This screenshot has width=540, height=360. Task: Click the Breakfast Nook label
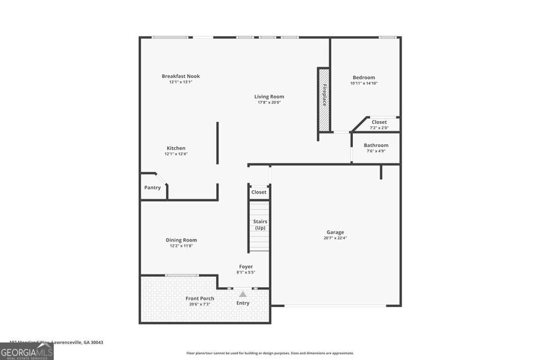click(x=180, y=76)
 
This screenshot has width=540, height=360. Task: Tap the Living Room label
click(x=269, y=96)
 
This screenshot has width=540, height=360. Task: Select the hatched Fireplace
click(x=323, y=100)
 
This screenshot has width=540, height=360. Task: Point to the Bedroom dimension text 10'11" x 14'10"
click(x=364, y=83)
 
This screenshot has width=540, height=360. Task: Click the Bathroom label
click(x=376, y=145)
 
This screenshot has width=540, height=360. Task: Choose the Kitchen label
click(x=176, y=148)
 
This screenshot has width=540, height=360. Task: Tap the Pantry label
click(x=152, y=188)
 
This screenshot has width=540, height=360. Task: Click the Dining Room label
click(x=181, y=240)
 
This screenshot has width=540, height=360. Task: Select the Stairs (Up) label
click(x=260, y=225)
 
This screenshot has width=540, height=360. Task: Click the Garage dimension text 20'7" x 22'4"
click(x=335, y=238)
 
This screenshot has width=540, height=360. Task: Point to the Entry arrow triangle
click(x=243, y=294)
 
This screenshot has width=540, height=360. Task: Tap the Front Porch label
click(x=200, y=298)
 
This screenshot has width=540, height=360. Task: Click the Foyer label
click(x=246, y=267)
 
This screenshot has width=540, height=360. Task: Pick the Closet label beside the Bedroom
click(x=379, y=122)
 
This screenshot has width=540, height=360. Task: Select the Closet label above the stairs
click(x=259, y=192)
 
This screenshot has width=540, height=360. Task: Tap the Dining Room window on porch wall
click(x=182, y=275)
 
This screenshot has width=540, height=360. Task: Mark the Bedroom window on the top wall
click(x=388, y=37)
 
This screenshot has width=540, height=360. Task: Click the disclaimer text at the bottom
click(x=270, y=353)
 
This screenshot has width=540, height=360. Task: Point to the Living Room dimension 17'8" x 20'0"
click(x=269, y=102)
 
